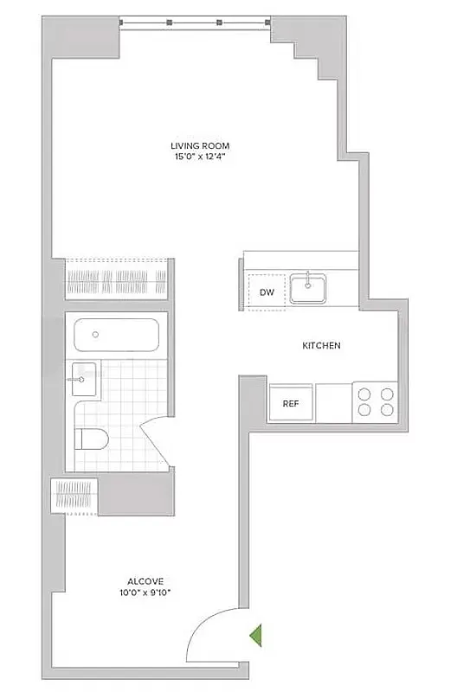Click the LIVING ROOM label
200,145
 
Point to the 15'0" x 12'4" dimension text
200,157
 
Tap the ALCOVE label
143,581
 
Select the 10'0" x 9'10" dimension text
143,593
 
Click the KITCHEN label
321,346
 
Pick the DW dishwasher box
267,292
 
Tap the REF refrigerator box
290,403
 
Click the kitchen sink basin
307,287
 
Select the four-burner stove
375,401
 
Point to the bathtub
116,336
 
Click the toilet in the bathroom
92,439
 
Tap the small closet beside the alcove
75,497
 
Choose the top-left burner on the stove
364,393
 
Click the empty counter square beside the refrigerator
333,403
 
